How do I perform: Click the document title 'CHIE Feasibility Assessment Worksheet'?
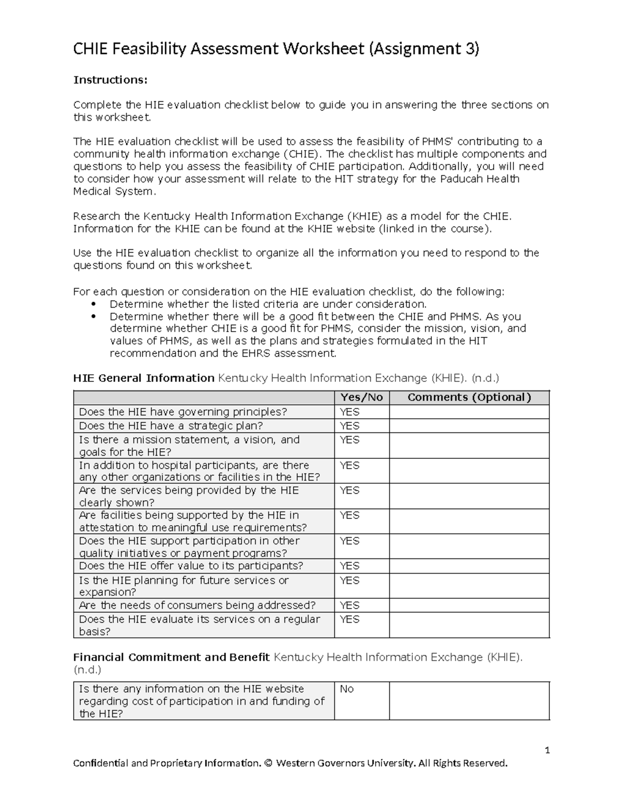tap(219, 49)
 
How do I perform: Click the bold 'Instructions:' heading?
tap(110, 79)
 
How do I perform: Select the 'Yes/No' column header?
tap(361, 398)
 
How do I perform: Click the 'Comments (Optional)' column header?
tap(469, 398)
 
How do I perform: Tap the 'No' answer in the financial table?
tap(346, 689)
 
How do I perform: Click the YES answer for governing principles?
tap(349, 412)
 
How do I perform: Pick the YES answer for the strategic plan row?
tap(349, 426)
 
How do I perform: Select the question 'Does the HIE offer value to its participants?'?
tap(191, 566)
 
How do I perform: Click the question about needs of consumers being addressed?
tap(197, 605)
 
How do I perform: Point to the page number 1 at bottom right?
tap(547, 750)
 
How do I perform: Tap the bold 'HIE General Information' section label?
tap(144, 378)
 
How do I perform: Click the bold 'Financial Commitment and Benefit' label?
tap(171, 657)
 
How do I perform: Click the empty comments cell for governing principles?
tap(469, 412)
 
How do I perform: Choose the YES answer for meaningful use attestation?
tap(349, 515)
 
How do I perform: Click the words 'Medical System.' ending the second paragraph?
tap(114, 191)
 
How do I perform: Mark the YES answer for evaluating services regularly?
tap(349, 619)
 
